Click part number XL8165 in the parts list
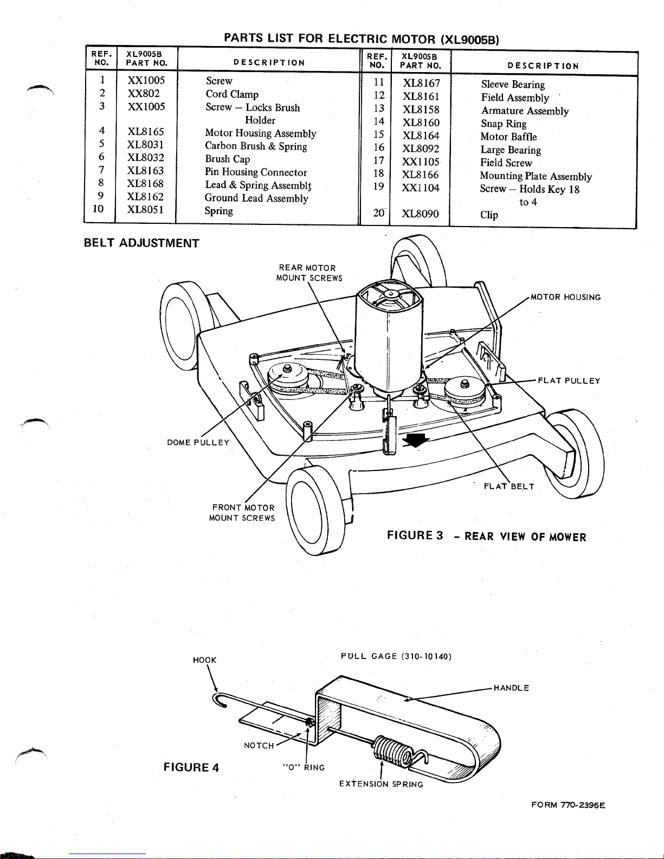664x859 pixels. tap(145, 132)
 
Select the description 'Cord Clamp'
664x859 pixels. tap(232, 94)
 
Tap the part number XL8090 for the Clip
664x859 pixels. tap(420, 214)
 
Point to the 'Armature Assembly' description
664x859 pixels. tap(525, 111)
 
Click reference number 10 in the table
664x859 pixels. tap(98, 209)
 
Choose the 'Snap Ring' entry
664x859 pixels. tap(504, 124)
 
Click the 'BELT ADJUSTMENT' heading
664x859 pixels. tap(141, 243)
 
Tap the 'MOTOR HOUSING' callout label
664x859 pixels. tap(565, 298)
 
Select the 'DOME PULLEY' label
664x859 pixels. tap(198, 442)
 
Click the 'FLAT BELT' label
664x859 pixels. tap(509, 486)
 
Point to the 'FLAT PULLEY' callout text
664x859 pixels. tap(569, 380)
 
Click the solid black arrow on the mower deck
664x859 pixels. tap(416, 440)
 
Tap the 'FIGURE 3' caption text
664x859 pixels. tap(415, 535)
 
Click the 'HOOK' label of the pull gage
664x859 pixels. tap(205, 660)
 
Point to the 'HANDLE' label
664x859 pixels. tap(511, 688)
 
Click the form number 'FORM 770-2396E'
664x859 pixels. tap(568, 805)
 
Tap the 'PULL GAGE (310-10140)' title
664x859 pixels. tap(396, 657)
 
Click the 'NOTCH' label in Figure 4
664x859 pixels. tap(259, 746)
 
